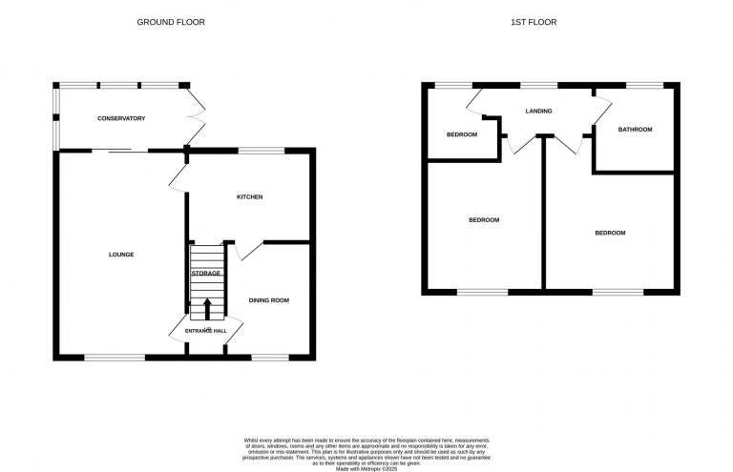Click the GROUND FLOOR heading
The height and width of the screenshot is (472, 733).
(171, 22)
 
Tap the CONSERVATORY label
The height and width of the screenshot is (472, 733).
(121, 118)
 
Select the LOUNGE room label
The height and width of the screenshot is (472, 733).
(121, 255)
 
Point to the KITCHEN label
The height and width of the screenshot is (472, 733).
(249, 197)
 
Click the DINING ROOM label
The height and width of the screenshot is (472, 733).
(269, 300)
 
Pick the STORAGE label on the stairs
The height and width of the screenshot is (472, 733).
(206, 274)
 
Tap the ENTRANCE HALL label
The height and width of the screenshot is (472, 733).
(206, 331)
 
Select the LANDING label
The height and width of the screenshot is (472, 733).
(539, 112)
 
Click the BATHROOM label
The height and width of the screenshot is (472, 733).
(635, 130)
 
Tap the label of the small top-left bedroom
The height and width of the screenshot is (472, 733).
(461, 134)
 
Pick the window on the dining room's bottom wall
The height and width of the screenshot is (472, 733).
(269, 357)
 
